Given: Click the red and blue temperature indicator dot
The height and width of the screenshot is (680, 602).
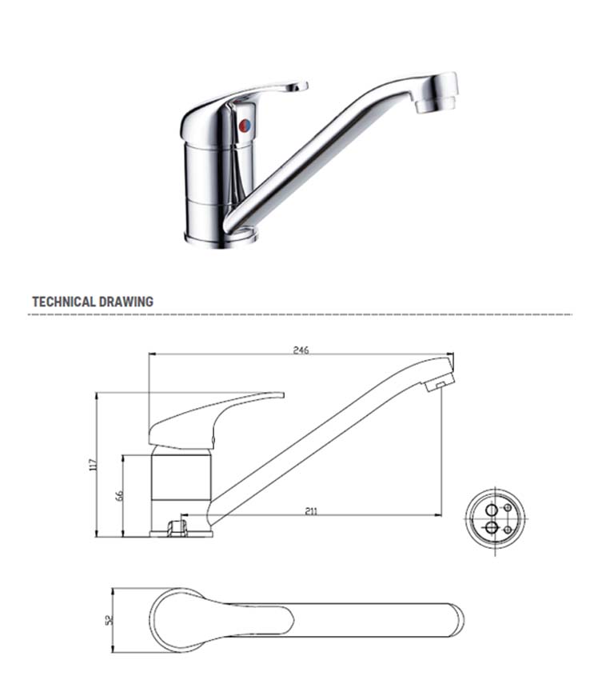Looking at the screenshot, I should click(x=245, y=126).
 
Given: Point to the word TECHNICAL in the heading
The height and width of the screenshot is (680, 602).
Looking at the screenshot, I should click(x=63, y=302).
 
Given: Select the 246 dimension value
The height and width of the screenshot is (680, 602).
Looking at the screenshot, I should click(x=301, y=350).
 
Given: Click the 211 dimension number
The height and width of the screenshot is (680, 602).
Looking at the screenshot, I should click(x=310, y=510).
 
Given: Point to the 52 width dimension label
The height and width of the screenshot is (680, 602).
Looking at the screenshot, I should click(x=110, y=618).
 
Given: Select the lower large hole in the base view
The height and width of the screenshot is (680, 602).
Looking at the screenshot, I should click(x=491, y=527).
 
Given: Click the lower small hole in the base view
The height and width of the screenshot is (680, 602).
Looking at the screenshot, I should click(x=508, y=529).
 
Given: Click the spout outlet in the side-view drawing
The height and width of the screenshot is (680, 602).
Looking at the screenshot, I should click(x=437, y=385).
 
